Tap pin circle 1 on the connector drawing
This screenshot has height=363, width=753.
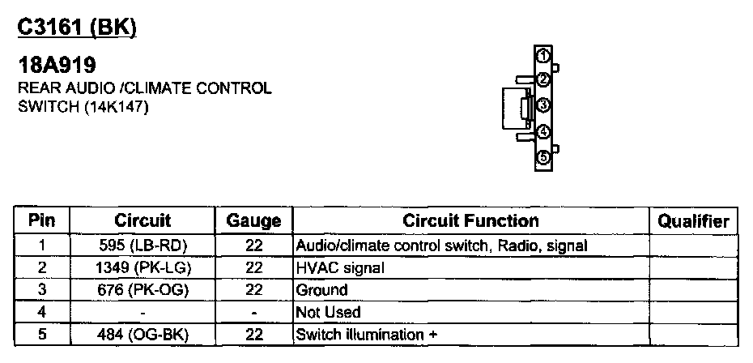(544, 54)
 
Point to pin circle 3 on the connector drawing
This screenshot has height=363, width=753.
(544, 105)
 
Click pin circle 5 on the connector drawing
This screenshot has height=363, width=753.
(544, 157)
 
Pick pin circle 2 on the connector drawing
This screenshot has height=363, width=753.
(544, 79)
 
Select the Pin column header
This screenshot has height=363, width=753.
(41, 220)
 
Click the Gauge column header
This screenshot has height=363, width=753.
(253, 220)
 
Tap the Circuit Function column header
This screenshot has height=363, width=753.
(470, 220)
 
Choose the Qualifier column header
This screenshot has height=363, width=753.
(693, 220)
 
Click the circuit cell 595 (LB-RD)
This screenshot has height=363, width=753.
(143, 245)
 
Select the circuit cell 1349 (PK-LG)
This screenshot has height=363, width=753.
(143, 267)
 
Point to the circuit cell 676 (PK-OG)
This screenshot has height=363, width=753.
(143, 289)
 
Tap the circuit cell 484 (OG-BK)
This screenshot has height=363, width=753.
(143, 334)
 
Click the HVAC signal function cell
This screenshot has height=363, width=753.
(340, 267)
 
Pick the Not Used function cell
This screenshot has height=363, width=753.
(329, 312)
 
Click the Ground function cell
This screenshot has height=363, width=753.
(321, 289)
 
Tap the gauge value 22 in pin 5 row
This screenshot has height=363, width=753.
(253, 334)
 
